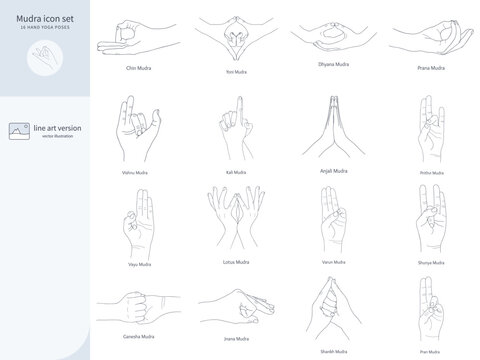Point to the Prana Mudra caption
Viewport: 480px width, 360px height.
pos(431,67)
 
